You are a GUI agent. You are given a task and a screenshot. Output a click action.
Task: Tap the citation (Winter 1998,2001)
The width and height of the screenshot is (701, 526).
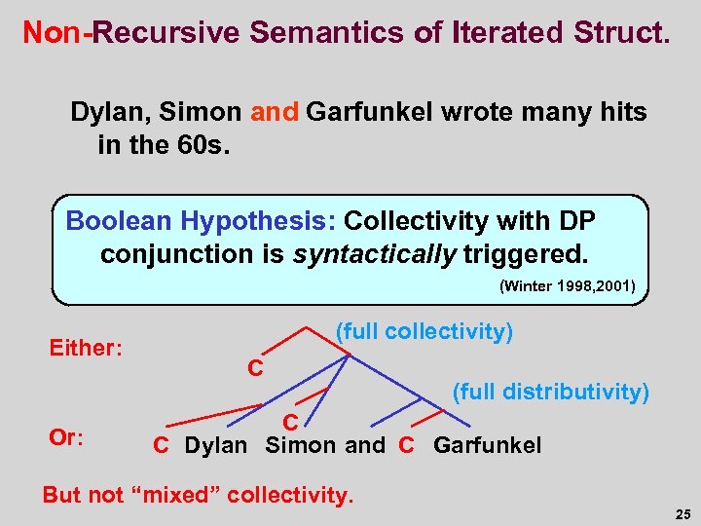tap(567, 286)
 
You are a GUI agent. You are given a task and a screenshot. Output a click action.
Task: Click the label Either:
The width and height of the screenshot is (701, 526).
tap(86, 348)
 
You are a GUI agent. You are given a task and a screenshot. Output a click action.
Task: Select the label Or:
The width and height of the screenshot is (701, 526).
tap(66, 437)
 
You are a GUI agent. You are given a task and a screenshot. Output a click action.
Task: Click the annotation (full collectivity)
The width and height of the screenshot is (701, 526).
tap(424, 332)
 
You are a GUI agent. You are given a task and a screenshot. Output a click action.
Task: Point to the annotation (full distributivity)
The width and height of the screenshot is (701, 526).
tap(550, 392)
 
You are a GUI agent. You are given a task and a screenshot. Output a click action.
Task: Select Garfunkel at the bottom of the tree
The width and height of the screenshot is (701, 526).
tap(487, 446)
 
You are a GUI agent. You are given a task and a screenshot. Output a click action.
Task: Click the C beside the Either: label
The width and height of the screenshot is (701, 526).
tap(255, 368)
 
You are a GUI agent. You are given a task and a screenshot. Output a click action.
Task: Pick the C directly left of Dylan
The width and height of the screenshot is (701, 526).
tap(162, 446)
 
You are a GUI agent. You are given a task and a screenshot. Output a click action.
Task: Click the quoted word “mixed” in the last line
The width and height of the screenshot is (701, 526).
tap(181, 495)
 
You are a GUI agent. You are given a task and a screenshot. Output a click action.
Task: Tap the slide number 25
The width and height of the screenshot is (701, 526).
tap(682, 513)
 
